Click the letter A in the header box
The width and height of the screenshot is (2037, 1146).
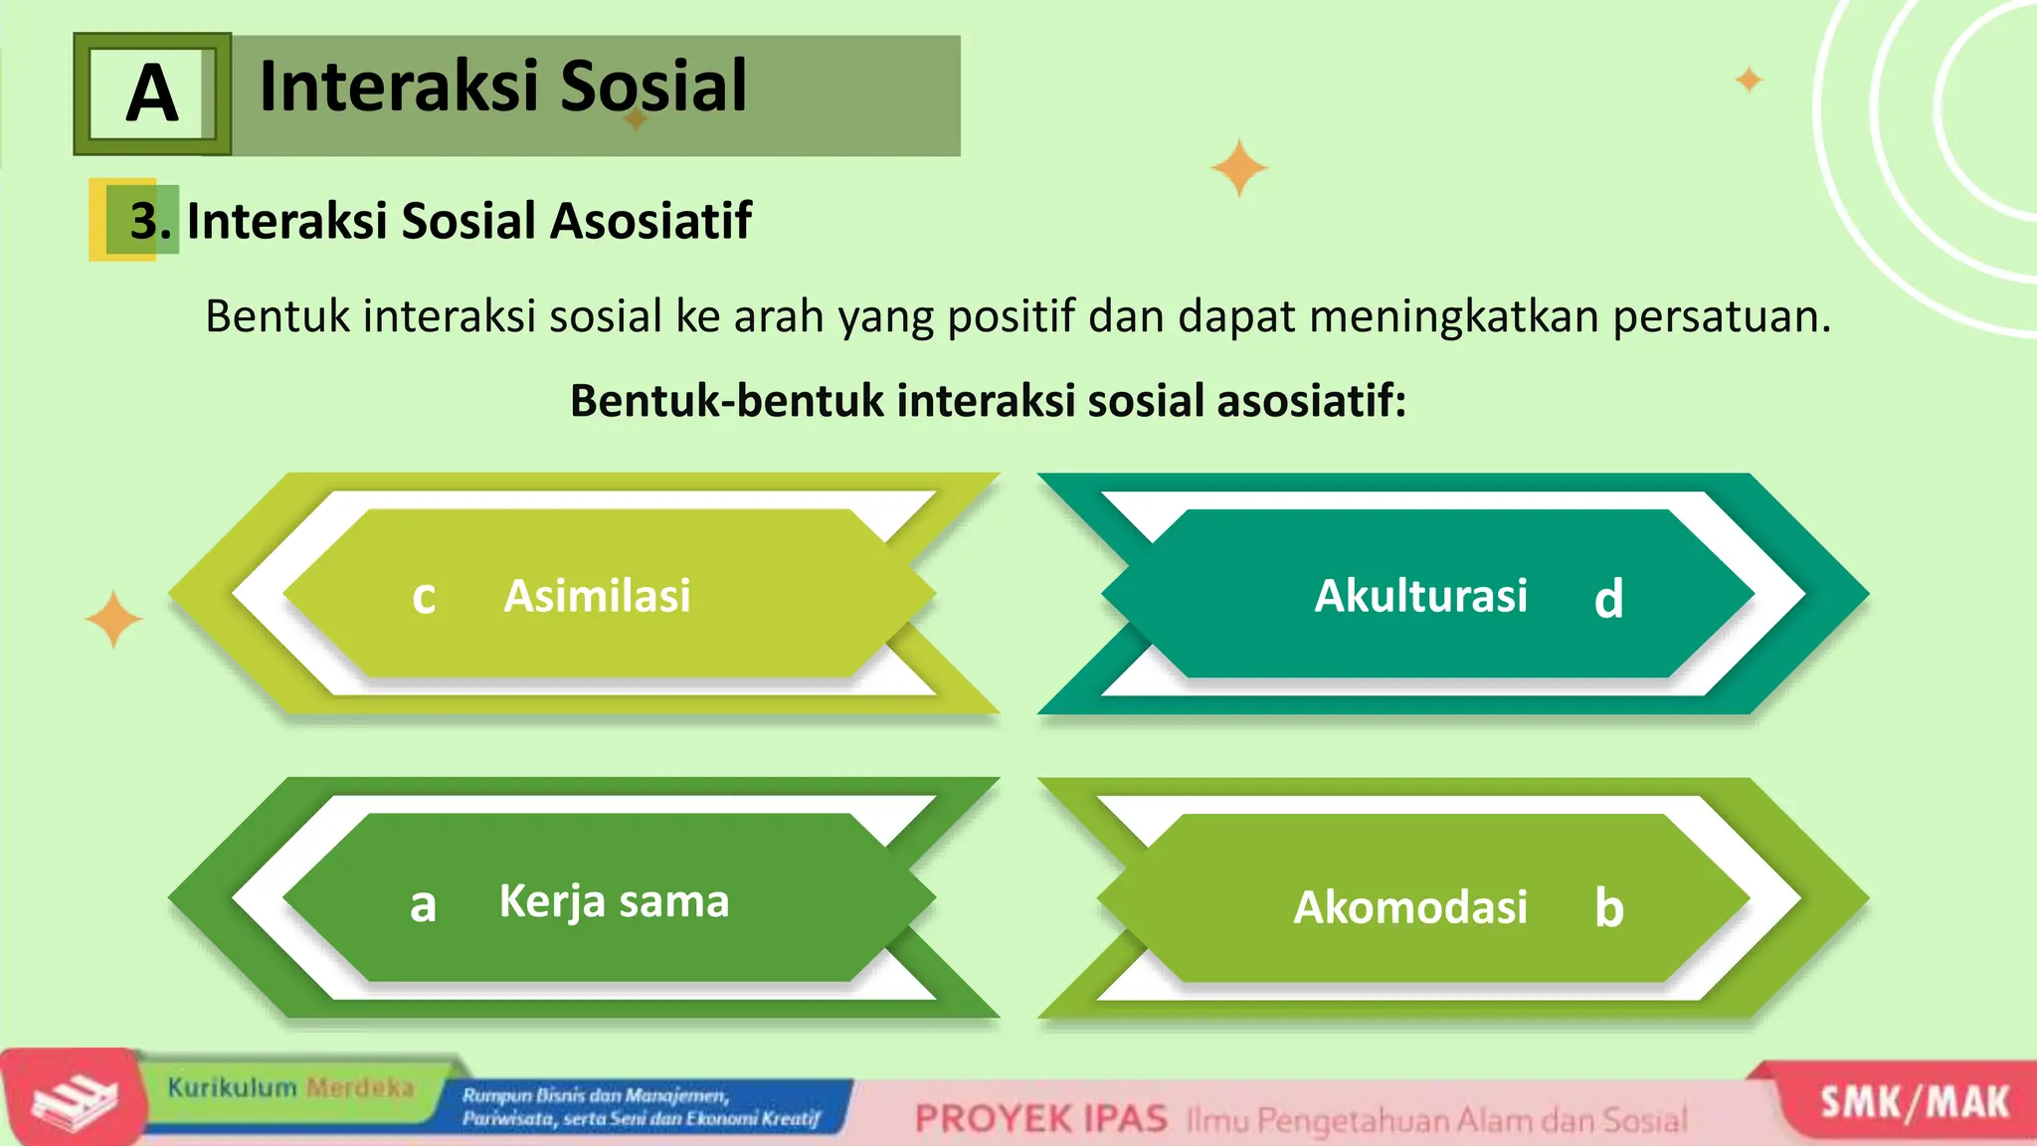tap(152, 94)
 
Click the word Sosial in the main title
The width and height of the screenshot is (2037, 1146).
tap(652, 86)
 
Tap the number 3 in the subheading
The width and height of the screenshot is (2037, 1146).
tap(144, 221)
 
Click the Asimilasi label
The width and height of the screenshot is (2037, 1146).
tap(597, 596)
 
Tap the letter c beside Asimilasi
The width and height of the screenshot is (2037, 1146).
tap(424, 597)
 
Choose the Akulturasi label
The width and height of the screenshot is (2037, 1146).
tap(1420, 596)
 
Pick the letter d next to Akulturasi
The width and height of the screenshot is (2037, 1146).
tap(1608, 599)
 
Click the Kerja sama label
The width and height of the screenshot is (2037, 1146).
tap(614, 901)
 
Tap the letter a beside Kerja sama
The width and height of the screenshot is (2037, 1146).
tap(423, 905)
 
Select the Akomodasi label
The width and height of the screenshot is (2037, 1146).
tap(1409, 907)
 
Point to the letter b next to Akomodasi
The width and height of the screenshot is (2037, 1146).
tap(1608, 907)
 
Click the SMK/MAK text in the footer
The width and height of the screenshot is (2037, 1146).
tap(1914, 1103)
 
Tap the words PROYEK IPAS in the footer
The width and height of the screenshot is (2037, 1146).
tap(1040, 1119)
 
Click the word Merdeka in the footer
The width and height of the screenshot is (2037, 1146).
tap(359, 1087)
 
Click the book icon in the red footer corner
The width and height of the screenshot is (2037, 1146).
tap(74, 1102)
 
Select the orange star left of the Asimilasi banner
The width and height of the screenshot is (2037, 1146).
tap(113, 619)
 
